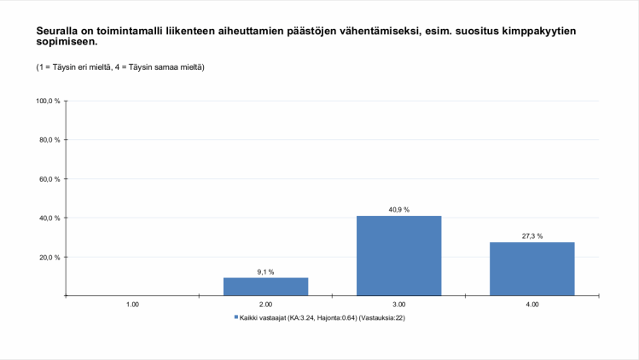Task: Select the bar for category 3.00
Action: click(398, 256)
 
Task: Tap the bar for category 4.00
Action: click(532, 269)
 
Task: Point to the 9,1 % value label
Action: click(265, 271)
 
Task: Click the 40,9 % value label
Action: click(398, 209)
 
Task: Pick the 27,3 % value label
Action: click(532, 235)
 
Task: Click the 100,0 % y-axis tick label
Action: click(48, 101)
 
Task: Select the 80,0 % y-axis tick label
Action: click(49, 140)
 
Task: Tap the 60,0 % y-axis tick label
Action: click(49, 179)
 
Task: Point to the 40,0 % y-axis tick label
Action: click(49, 218)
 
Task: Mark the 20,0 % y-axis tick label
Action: click(49, 257)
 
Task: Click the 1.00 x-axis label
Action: click(132, 304)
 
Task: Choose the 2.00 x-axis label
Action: click(265, 304)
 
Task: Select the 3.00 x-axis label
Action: click(398, 304)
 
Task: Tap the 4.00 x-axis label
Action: click(532, 304)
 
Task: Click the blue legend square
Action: click(236, 317)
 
